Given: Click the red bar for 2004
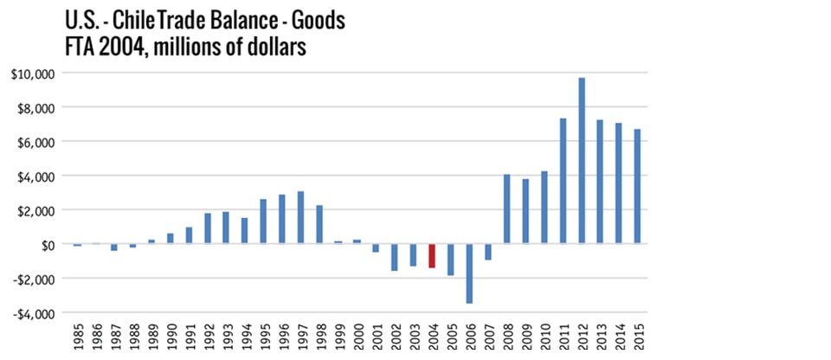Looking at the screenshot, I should pyautogui.click(x=432, y=255).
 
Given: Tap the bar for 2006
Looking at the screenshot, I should pyautogui.click(x=469, y=273).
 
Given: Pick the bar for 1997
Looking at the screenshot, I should pyautogui.click(x=300, y=217).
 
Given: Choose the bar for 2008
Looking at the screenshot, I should pyautogui.click(x=507, y=209).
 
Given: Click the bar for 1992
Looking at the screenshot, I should pyautogui.click(x=208, y=228).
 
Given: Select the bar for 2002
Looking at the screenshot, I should pyautogui.click(x=395, y=257).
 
